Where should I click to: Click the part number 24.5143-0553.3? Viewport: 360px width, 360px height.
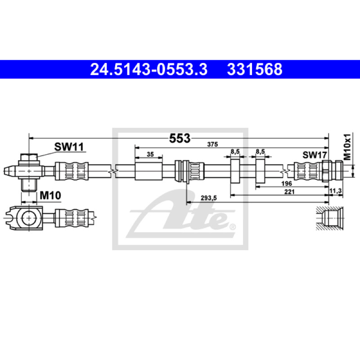click(148, 69)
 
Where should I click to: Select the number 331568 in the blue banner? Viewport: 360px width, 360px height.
click(255, 69)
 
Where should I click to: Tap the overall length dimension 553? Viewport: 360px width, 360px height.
click(180, 139)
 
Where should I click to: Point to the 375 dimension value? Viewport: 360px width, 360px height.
click(212, 144)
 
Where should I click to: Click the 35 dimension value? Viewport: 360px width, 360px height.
click(150, 154)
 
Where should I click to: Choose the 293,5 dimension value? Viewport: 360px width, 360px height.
click(209, 198)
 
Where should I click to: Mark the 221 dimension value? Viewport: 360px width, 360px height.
click(289, 192)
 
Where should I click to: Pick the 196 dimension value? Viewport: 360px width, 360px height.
click(287, 184)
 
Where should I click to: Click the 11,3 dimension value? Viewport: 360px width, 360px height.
click(335, 191)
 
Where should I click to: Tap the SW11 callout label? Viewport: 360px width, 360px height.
click(69, 147)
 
